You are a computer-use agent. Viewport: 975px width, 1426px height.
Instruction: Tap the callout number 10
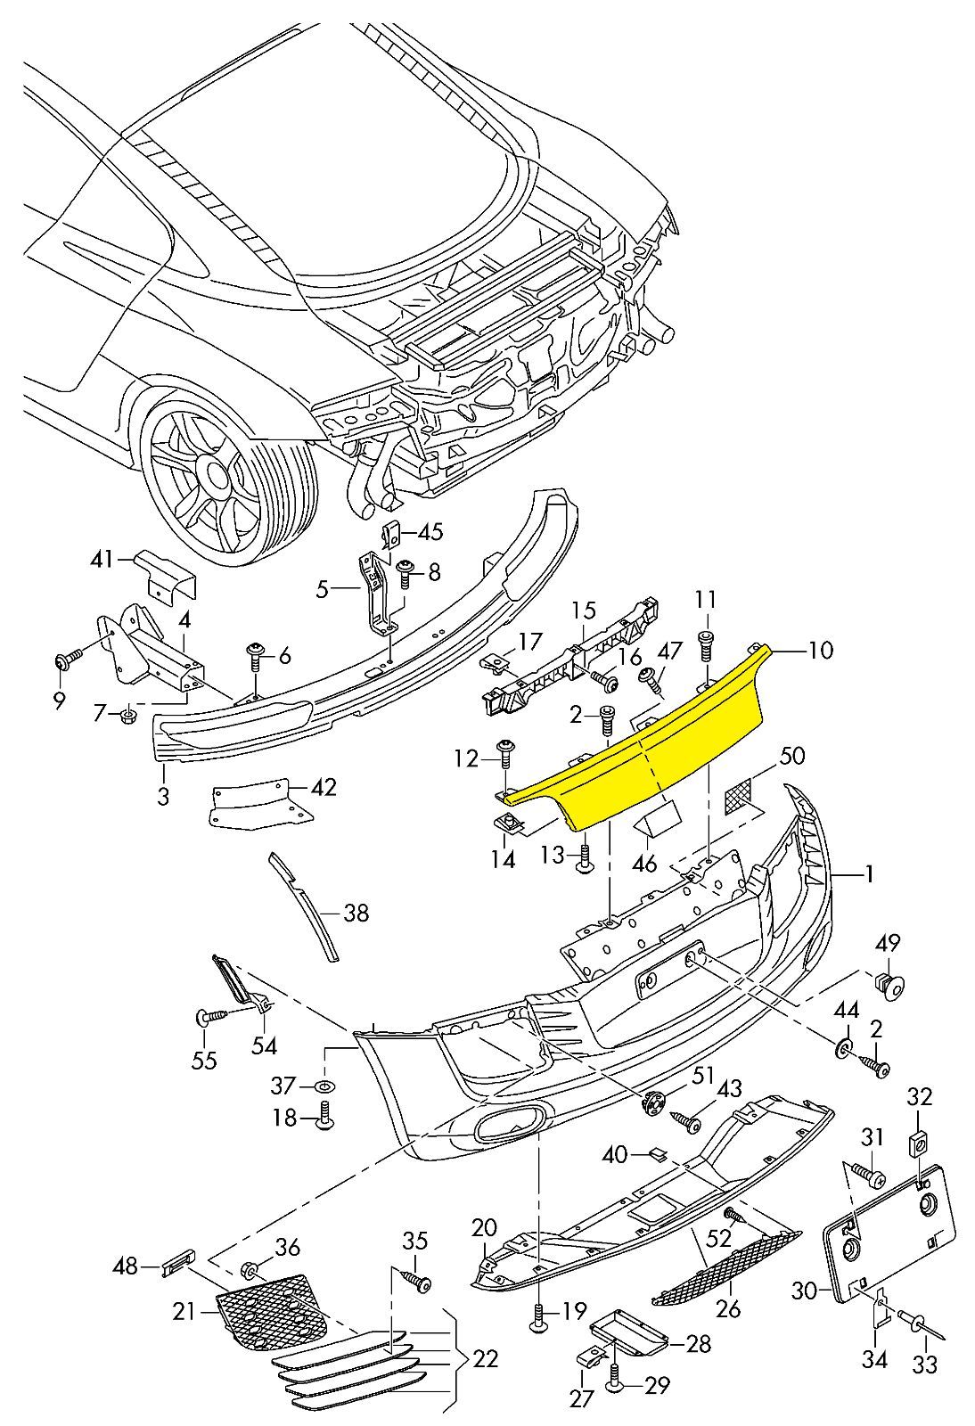point(821,651)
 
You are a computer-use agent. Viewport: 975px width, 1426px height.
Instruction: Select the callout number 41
point(102,560)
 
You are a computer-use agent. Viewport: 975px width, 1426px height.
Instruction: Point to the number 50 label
point(791,756)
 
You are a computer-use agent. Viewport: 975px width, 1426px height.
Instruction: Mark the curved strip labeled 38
point(307,905)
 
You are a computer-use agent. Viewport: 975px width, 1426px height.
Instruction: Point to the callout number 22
point(486,1359)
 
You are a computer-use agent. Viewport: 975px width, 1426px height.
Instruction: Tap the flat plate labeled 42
point(254,804)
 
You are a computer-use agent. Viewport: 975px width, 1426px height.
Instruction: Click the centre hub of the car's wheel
point(212,470)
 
